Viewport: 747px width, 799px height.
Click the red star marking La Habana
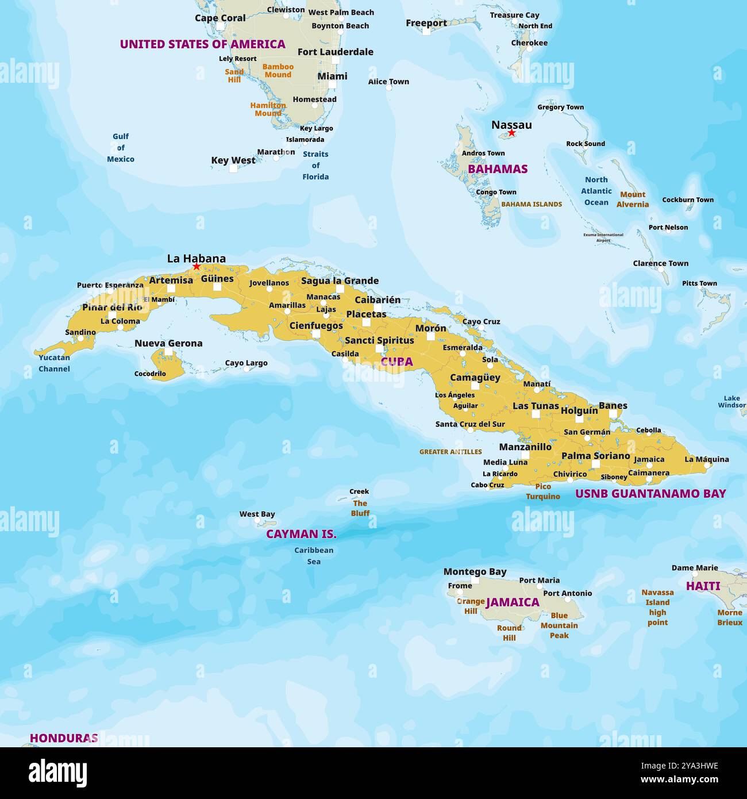click(197, 267)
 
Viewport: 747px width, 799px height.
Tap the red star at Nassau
click(511, 133)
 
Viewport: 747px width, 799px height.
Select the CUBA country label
click(396, 362)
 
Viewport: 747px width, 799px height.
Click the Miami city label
click(332, 76)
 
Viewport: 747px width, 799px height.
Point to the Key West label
click(233, 160)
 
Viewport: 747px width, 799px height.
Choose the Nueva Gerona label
click(168, 343)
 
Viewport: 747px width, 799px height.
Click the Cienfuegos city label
click(315, 325)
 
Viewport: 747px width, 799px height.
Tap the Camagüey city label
click(475, 378)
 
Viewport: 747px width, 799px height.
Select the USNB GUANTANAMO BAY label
click(650, 493)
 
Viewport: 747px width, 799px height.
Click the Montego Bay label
click(475, 571)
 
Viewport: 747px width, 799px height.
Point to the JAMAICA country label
click(513, 602)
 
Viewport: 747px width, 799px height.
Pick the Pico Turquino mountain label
click(542, 491)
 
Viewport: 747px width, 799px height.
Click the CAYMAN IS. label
click(301, 534)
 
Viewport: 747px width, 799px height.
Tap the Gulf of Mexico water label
click(121, 148)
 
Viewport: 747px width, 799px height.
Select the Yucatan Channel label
click(54, 363)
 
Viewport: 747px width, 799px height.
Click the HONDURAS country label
click(64, 737)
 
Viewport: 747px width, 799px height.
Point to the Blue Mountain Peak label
click(559, 625)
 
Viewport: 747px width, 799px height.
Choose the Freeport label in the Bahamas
click(426, 23)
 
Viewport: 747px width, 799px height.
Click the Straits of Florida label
click(315, 166)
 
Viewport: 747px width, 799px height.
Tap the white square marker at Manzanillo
click(525, 455)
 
